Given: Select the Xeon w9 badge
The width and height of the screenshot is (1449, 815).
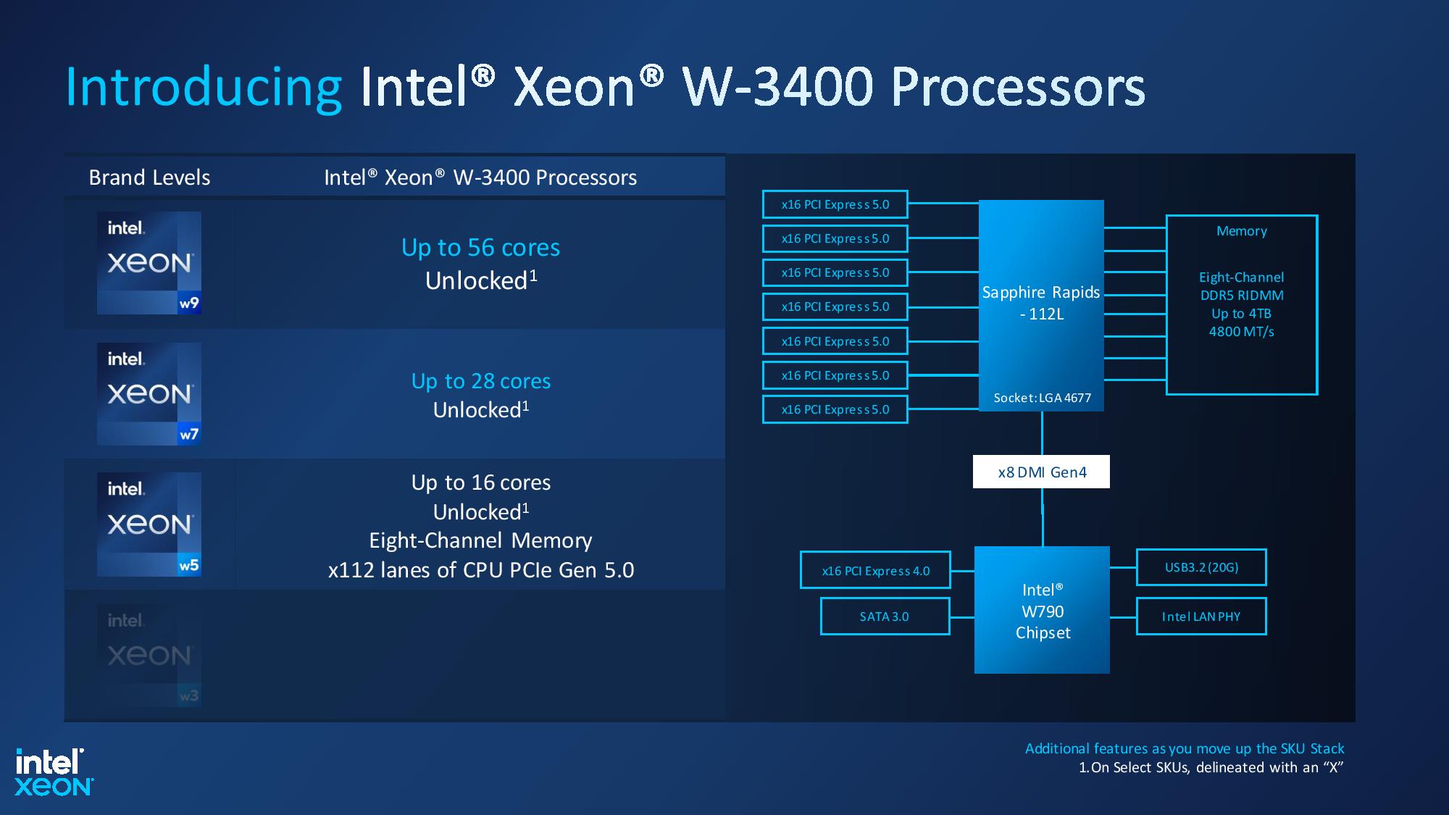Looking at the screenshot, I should (x=149, y=262).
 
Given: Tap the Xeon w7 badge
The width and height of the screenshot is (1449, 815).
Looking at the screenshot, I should (x=149, y=393).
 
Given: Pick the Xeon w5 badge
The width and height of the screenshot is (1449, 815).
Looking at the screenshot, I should (x=149, y=524).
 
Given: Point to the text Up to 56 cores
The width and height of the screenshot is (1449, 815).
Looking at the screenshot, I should (x=480, y=248).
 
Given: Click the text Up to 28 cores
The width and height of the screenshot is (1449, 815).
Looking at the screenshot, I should (x=480, y=381).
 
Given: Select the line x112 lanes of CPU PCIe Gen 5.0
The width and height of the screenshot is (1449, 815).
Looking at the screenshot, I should (x=480, y=570).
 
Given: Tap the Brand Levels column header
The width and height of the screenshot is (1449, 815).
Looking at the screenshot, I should (x=149, y=177).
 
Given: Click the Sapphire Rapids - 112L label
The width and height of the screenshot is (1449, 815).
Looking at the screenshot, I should (x=1041, y=303).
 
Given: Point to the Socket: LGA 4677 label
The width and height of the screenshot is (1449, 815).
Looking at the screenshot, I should (x=1042, y=398).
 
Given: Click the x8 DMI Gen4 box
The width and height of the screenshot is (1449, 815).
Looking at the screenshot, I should (x=1041, y=472).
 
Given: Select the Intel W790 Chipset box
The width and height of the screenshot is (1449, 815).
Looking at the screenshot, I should (x=1042, y=611).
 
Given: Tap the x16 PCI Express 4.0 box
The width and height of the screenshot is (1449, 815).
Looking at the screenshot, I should (x=875, y=571).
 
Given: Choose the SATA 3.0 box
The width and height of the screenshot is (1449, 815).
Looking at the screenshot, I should (x=884, y=617).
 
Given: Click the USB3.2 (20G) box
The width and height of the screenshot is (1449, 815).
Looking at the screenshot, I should (x=1201, y=567).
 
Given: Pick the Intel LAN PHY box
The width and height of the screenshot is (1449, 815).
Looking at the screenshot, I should (x=1201, y=617).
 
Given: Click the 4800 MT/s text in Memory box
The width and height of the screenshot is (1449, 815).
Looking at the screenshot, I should (x=1241, y=332).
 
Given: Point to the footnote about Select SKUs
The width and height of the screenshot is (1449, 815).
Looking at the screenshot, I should (x=1211, y=768).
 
